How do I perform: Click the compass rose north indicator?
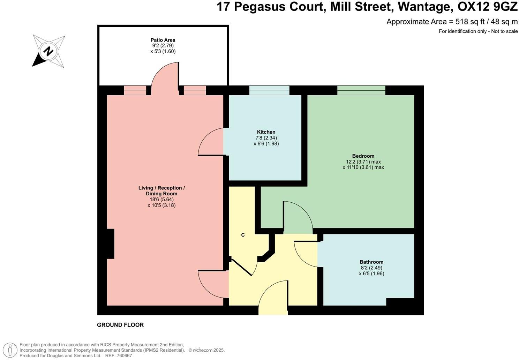48,51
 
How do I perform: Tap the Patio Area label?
163,40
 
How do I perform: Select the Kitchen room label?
266,132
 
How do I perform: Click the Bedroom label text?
363,156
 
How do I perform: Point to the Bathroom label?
371,262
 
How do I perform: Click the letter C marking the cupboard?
243,235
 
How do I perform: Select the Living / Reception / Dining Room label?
161,191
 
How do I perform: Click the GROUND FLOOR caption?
120,325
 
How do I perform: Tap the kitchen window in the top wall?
269,90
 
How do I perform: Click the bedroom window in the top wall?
361,90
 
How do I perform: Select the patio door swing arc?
164,75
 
